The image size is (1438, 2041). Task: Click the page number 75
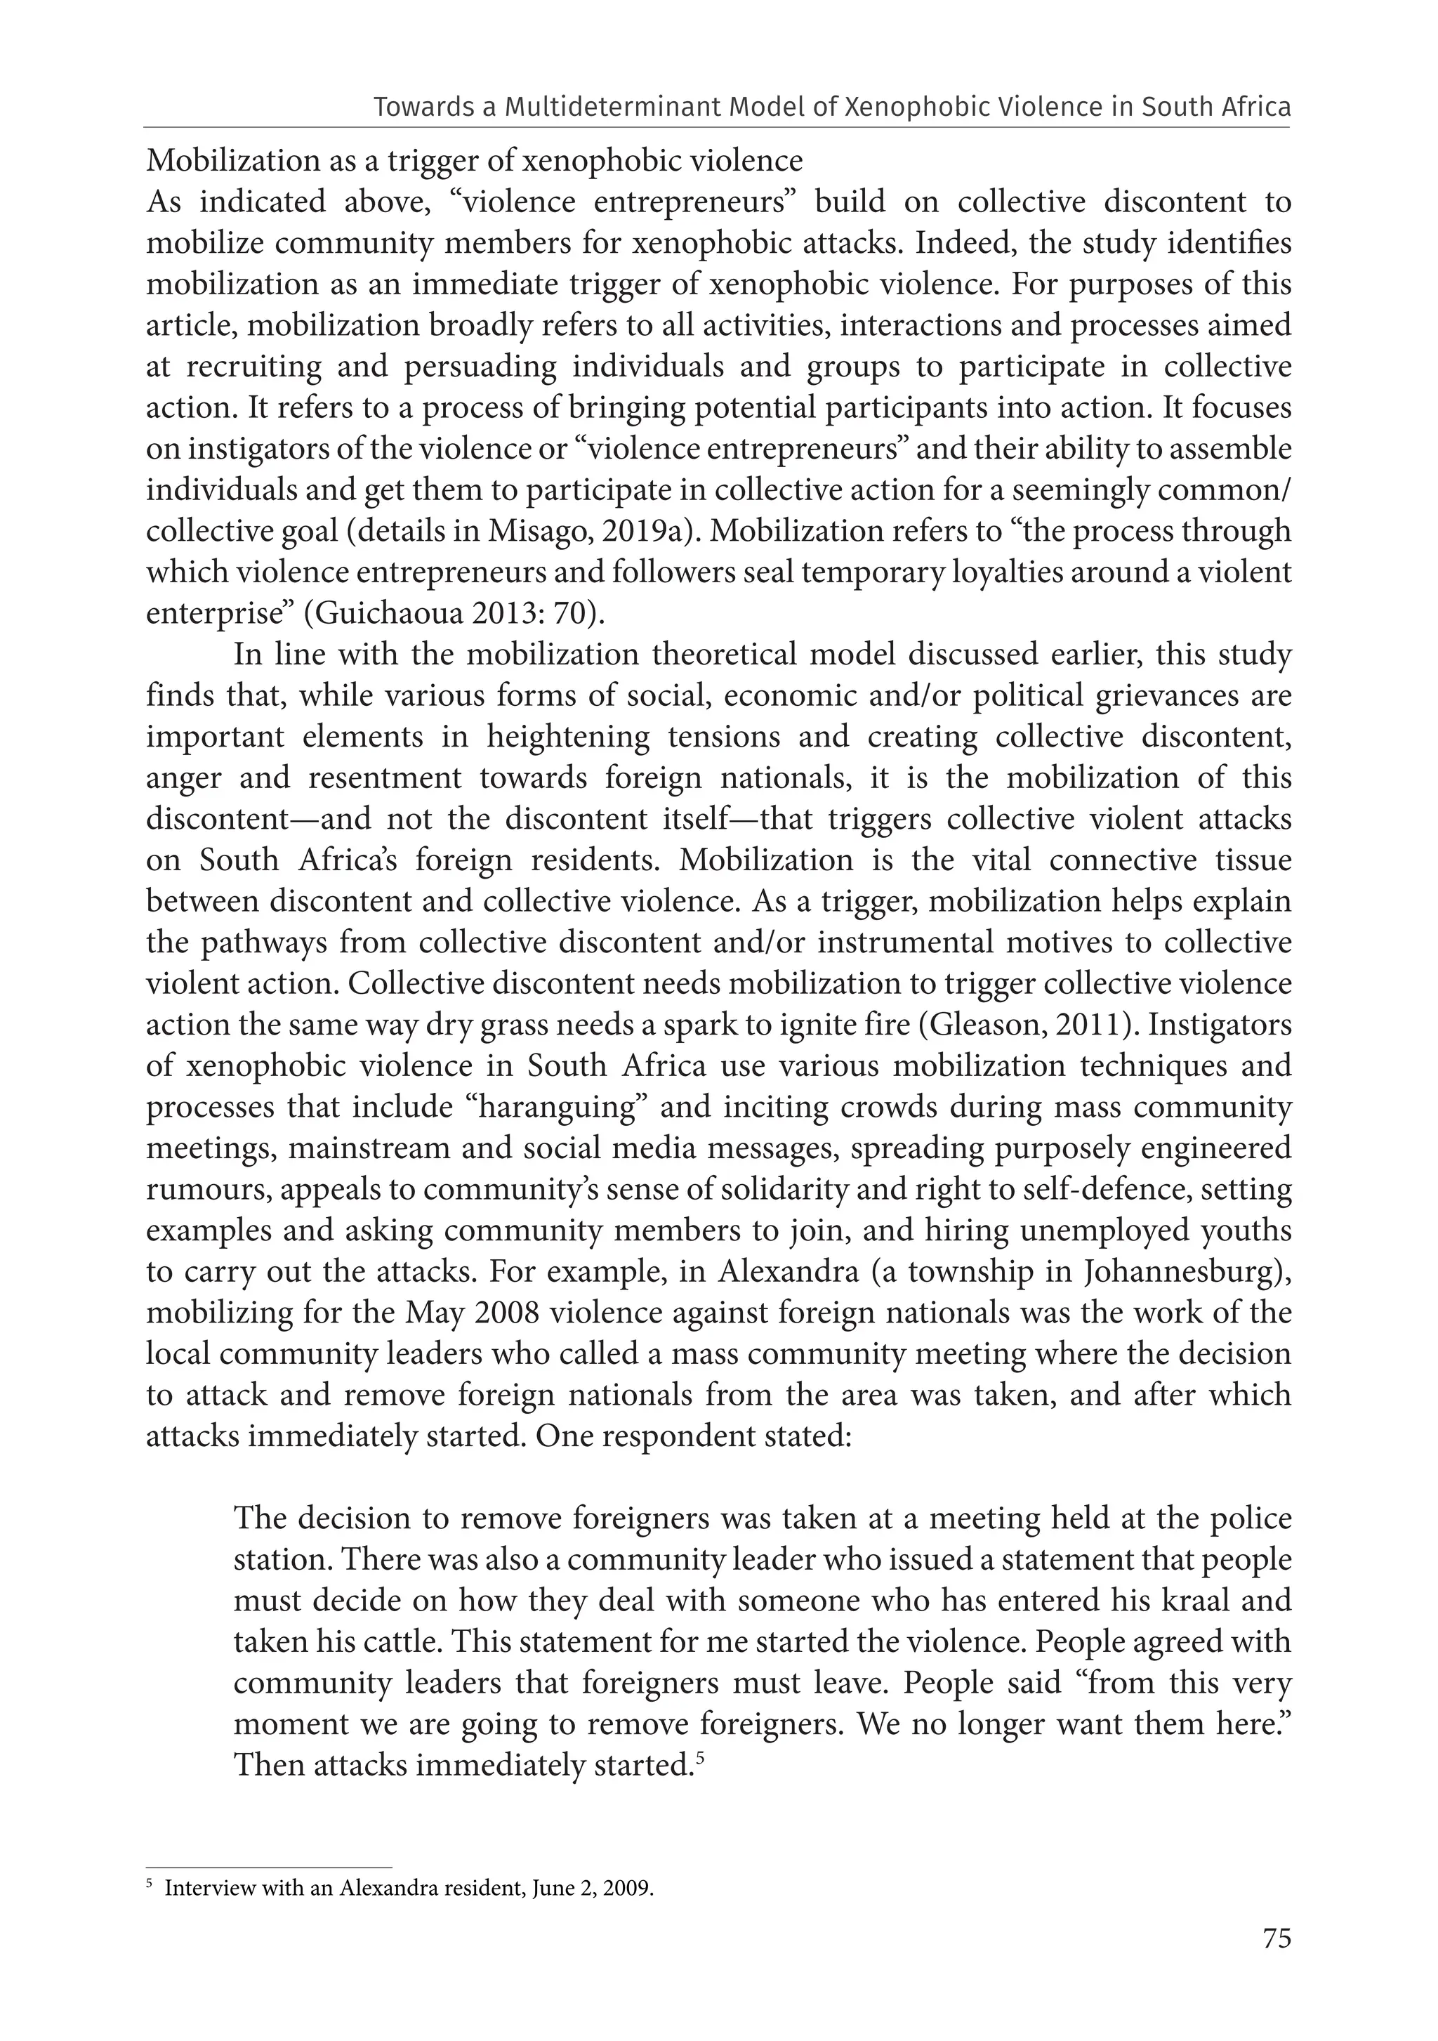click(1277, 1964)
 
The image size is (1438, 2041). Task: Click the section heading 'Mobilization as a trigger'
click(474, 161)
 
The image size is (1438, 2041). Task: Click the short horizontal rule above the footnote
click(268, 1868)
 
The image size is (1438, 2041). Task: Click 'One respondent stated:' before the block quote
click(693, 1436)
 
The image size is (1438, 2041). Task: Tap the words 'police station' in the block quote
click(1248, 1518)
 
